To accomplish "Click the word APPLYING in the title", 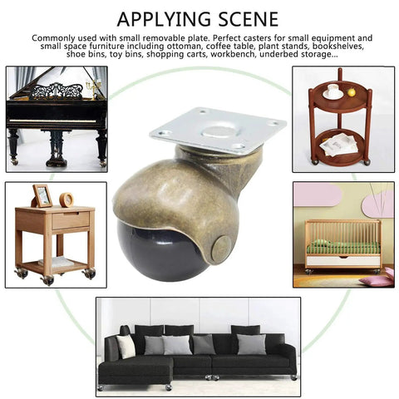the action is point(164,19).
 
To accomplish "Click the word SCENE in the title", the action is point(249,19).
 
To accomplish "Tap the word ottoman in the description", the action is point(182,46).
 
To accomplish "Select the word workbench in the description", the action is point(232,54).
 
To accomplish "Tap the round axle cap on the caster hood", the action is point(221,247).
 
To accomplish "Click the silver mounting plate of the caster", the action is point(218,130).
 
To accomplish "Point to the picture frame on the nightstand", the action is point(42,196).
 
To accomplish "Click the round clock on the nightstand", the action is point(66,199).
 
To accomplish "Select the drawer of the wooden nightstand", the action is point(71,220).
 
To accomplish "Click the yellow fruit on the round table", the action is point(352,92).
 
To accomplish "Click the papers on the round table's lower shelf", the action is point(339,145).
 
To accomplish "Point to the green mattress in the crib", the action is point(344,247).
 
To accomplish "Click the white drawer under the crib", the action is point(343,261).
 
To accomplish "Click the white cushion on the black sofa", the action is point(126,346).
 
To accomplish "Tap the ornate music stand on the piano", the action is point(57,91).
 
